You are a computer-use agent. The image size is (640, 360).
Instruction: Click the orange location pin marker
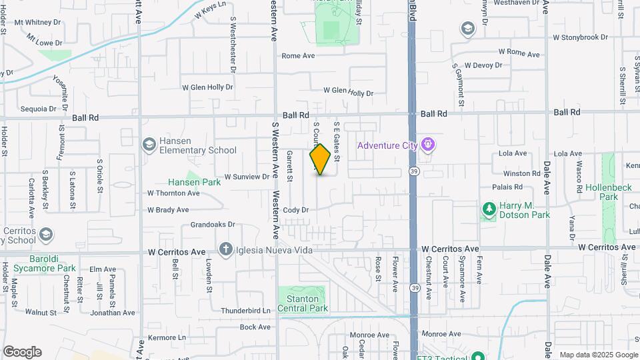click(x=320, y=159)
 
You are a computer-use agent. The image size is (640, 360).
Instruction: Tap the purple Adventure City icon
click(x=428, y=143)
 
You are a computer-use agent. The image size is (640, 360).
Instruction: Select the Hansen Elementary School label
click(x=198, y=146)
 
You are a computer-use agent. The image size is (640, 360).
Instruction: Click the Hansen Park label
click(x=194, y=181)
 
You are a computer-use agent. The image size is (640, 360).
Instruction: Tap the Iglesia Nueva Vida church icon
click(x=226, y=249)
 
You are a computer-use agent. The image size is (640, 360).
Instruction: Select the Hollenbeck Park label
click(x=608, y=192)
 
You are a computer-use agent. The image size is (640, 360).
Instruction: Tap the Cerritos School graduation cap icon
click(x=45, y=234)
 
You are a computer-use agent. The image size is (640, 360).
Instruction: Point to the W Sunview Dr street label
click(x=246, y=177)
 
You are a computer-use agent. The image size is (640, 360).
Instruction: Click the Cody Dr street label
click(x=296, y=210)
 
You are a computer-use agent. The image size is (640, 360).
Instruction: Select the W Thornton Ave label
click(x=173, y=193)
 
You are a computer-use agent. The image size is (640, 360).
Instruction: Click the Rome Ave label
click(x=298, y=56)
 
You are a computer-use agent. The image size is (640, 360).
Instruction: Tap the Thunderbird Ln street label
click(x=245, y=311)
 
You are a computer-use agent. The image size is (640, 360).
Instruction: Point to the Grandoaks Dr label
click(x=213, y=225)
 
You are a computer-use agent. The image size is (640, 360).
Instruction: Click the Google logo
click(x=22, y=352)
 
